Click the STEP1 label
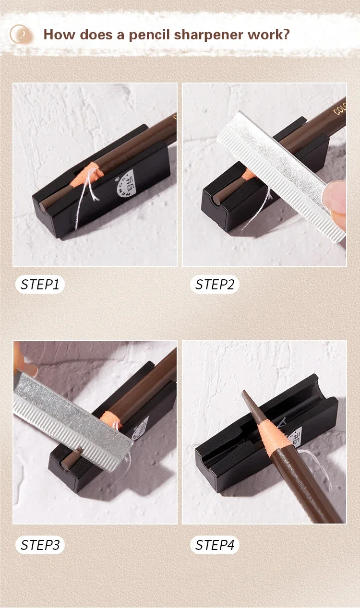[40, 285]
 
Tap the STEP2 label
[215, 285]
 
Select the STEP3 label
[40, 545]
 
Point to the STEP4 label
[215, 545]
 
